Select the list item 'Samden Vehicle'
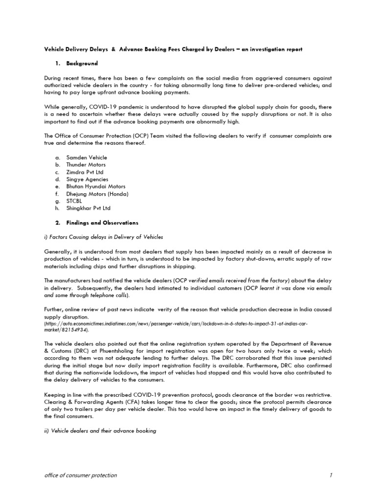tap(87, 158)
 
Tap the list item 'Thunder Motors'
tap(87, 165)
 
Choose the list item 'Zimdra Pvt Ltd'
tap(85, 172)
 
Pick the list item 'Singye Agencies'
tap(88, 180)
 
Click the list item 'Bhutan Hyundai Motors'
tap(96, 187)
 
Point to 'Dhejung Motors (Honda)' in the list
tap(97, 194)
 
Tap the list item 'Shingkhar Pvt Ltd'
tap(89, 208)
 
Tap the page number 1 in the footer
tap(331, 475)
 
